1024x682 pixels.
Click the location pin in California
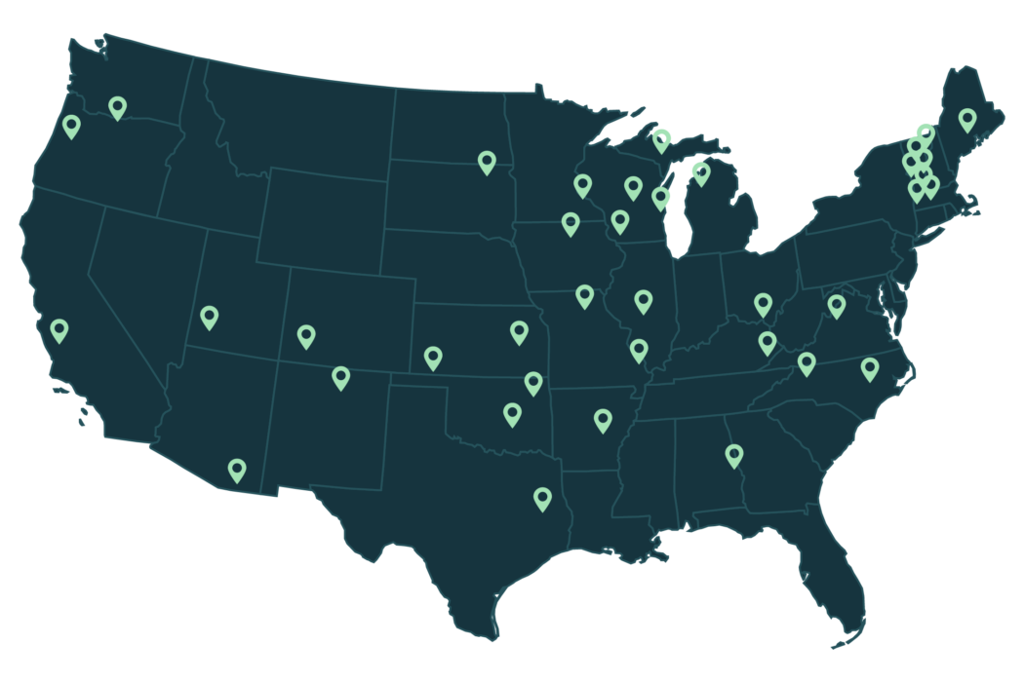pyautogui.click(x=59, y=329)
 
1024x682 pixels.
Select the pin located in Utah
pyautogui.click(x=209, y=316)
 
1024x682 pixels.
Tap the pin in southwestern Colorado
pyautogui.click(x=306, y=336)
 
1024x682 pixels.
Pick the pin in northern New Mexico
pyautogui.click(x=340, y=377)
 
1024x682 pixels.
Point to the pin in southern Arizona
pyautogui.click(x=237, y=470)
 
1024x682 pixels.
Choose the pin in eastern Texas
pyautogui.click(x=542, y=498)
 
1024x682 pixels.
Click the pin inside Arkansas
pyautogui.click(x=603, y=420)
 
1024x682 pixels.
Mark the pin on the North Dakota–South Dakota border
pyautogui.click(x=487, y=162)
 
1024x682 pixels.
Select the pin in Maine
pyautogui.click(x=966, y=119)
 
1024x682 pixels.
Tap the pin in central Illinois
pyautogui.click(x=643, y=300)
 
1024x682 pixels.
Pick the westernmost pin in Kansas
pyautogui.click(x=433, y=358)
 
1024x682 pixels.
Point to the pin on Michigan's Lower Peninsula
pyautogui.click(x=700, y=173)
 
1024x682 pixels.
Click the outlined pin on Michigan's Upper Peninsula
pyautogui.click(x=661, y=140)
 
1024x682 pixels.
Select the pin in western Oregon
pyautogui.click(x=71, y=126)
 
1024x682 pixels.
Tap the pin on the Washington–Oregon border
pyautogui.click(x=118, y=107)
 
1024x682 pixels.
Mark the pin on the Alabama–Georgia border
pyautogui.click(x=733, y=454)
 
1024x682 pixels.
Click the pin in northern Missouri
pyautogui.click(x=584, y=295)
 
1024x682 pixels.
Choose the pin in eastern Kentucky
pyautogui.click(x=768, y=342)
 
